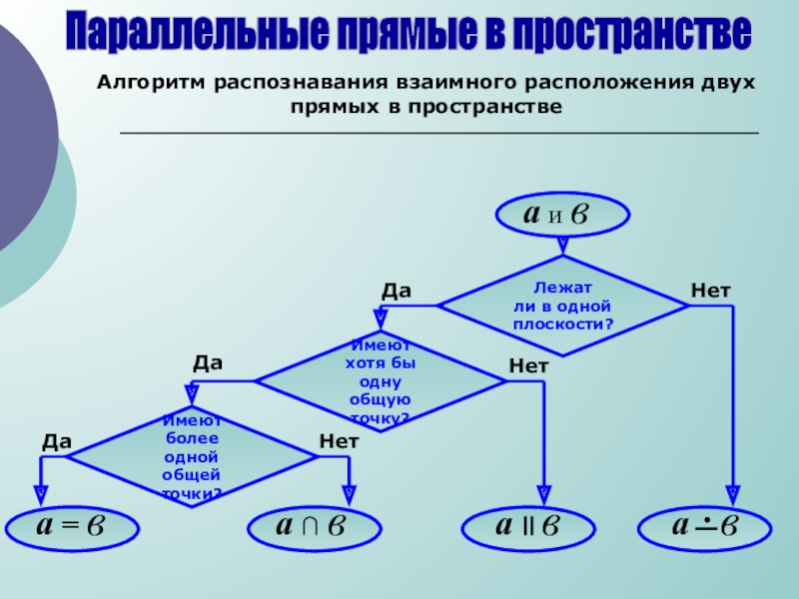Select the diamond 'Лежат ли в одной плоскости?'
[x=563, y=305]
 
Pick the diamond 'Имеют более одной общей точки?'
[x=191, y=456]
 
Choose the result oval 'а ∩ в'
[x=312, y=527]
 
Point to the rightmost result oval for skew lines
[x=704, y=527]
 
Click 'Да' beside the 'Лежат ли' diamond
[x=397, y=291]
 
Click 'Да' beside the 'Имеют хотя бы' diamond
[x=208, y=362]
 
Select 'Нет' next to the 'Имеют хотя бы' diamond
[x=528, y=366]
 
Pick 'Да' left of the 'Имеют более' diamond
[x=57, y=440]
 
